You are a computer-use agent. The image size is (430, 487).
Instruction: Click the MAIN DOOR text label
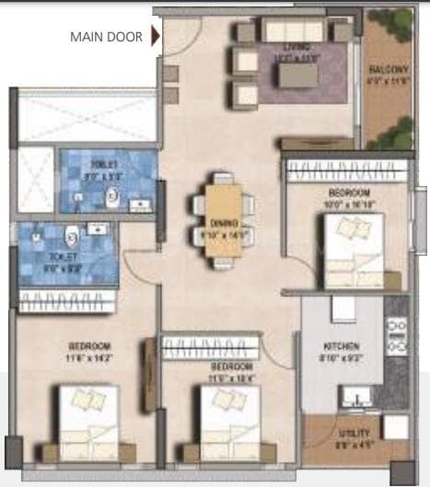click(107, 38)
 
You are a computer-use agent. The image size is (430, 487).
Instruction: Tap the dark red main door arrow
click(157, 38)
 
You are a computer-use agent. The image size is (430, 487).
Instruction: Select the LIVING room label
click(299, 48)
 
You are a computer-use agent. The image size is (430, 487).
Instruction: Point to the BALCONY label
click(384, 69)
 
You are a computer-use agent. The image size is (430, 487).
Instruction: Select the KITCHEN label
click(333, 347)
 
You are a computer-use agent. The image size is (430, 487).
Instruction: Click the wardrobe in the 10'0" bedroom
click(344, 171)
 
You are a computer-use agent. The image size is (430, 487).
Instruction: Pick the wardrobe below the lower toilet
click(67, 301)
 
